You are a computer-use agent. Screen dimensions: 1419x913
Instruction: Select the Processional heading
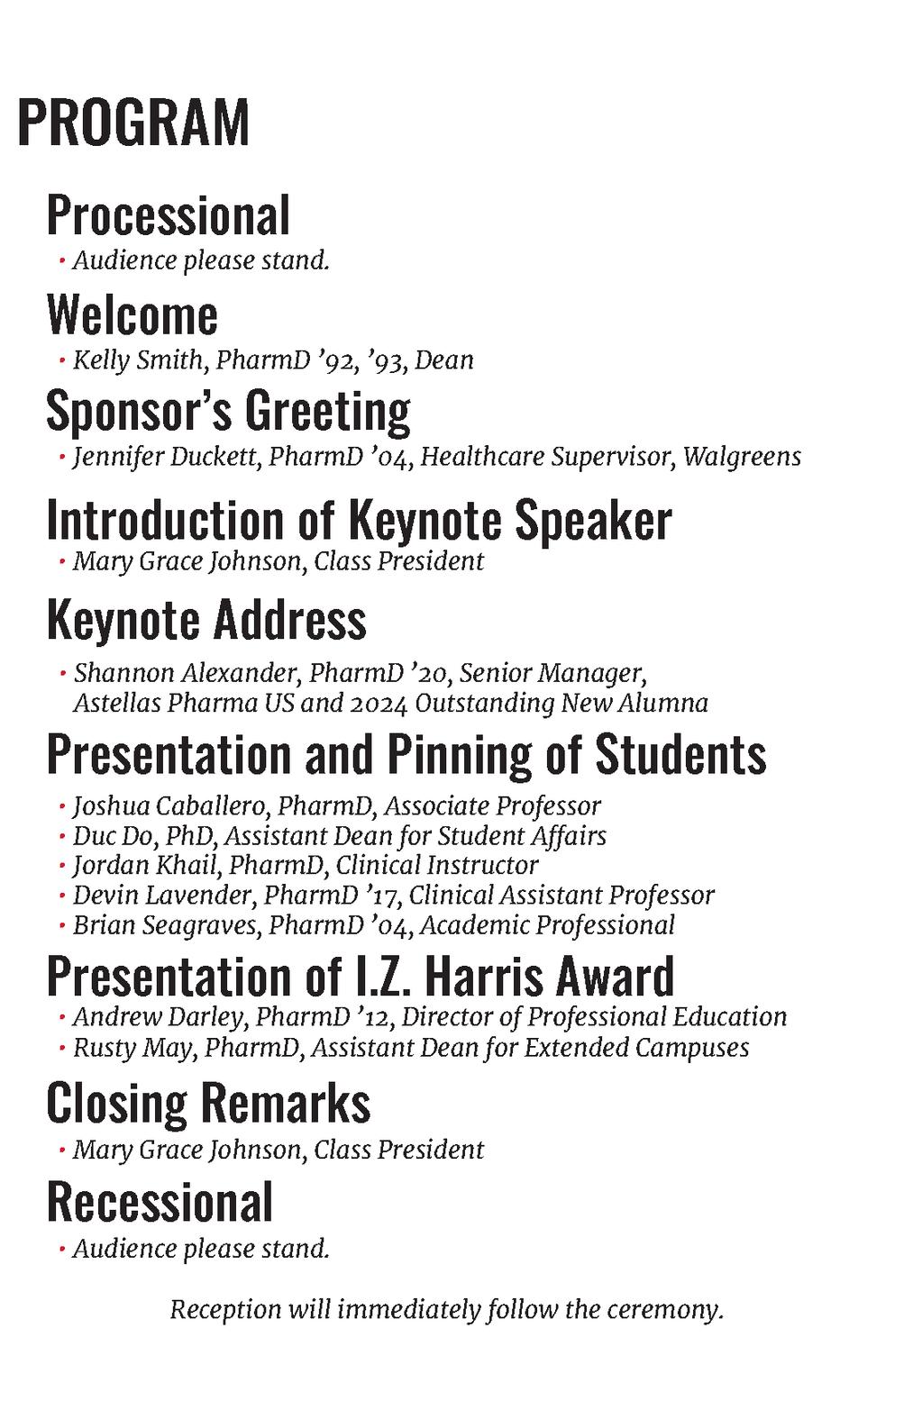pyautogui.click(x=169, y=215)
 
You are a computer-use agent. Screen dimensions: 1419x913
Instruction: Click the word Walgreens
pyautogui.click(x=742, y=457)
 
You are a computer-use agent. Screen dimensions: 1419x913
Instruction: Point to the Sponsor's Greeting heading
pyautogui.click(x=228, y=411)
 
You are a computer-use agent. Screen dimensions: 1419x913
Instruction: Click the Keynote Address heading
pyautogui.click(x=206, y=620)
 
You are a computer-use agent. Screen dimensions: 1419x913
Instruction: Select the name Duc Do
pyautogui.click(x=112, y=835)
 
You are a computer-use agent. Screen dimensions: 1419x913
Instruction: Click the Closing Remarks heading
pyautogui.click(x=208, y=1103)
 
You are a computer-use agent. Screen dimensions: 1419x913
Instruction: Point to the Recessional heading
pyautogui.click(x=160, y=1202)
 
